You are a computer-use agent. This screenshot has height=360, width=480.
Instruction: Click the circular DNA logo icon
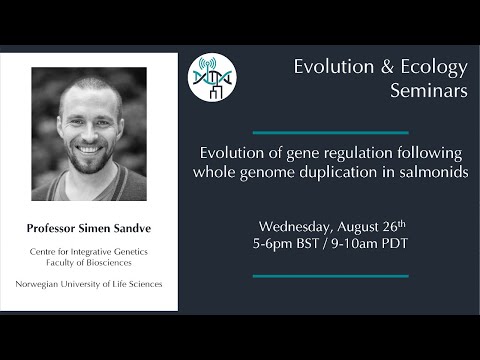213,77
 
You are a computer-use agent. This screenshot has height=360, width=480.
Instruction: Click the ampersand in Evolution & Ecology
383,67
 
